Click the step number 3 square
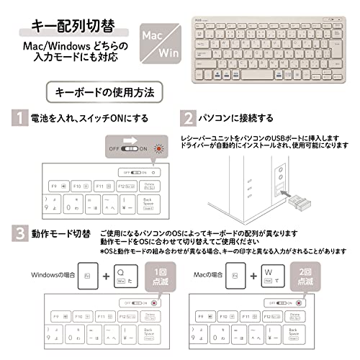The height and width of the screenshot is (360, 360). point(14,235)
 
